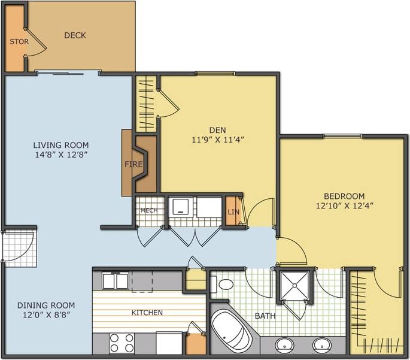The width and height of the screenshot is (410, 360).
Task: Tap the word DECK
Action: [x=75, y=35]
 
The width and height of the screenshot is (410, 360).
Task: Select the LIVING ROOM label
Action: [x=60, y=145]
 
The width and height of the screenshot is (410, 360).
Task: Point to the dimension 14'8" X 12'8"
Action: [x=60, y=155]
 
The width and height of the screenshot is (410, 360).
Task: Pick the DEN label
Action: [x=217, y=130]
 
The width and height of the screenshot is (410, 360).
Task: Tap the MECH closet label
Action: [x=148, y=210]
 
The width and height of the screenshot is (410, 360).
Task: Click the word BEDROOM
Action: [x=344, y=196]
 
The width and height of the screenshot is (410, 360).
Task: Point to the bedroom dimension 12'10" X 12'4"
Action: [x=344, y=205]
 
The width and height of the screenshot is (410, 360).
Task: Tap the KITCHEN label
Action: [x=147, y=312]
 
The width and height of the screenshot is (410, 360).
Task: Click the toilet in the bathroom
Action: [x=224, y=284]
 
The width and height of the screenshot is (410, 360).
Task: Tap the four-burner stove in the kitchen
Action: [x=122, y=343]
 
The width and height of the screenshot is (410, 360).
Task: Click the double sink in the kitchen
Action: [x=115, y=281]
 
